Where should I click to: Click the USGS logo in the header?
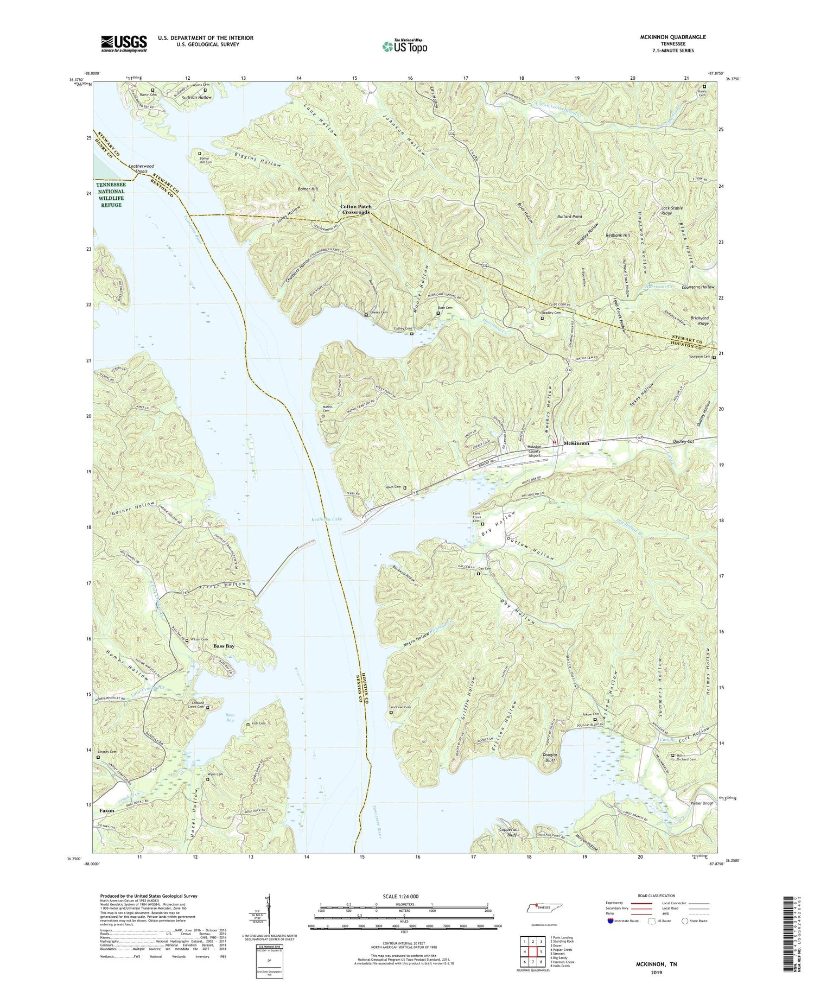(x=124, y=43)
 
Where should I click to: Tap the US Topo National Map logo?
(x=404, y=46)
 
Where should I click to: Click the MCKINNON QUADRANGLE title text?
(x=673, y=37)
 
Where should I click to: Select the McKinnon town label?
(x=576, y=443)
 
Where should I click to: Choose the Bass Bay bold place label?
(x=224, y=646)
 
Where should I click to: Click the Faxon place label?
(x=107, y=810)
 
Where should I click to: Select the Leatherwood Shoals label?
(x=141, y=169)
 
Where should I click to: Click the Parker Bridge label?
(x=702, y=803)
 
